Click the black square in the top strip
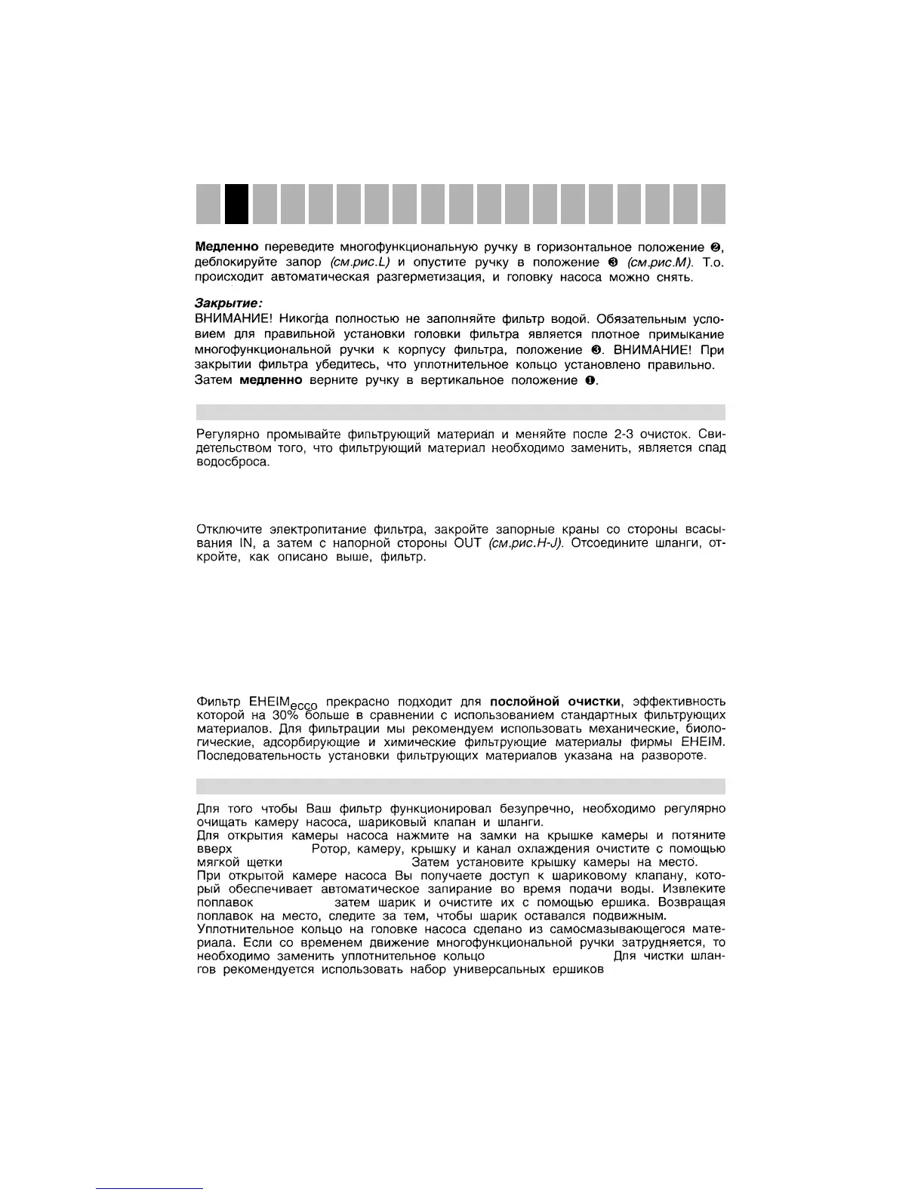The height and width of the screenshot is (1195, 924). (x=236, y=204)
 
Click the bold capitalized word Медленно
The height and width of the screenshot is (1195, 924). (x=226, y=247)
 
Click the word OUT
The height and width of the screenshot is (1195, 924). (x=468, y=543)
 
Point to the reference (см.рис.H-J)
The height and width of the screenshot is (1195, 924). (x=526, y=543)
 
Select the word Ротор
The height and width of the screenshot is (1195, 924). (x=329, y=849)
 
